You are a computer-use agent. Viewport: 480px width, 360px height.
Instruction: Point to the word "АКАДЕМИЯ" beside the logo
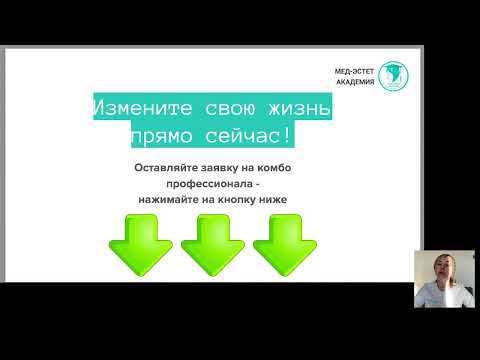point(355,84)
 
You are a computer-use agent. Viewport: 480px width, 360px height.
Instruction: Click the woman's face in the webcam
point(439,268)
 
